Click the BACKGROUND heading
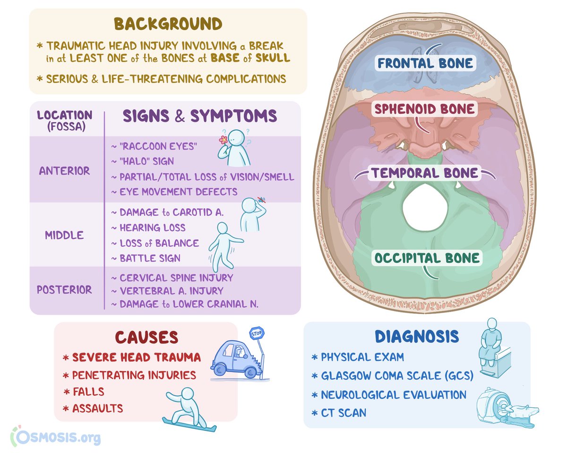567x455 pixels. click(x=168, y=25)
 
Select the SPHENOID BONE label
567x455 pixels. click(x=424, y=109)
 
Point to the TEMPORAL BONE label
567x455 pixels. click(x=424, y=173)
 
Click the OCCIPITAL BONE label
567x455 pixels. click(x=427, y=258)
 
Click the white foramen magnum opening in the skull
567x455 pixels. click(x=425, y=207)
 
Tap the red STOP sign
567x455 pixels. click(x=256, y=333)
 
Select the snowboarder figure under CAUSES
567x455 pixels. click(x=187, y=408)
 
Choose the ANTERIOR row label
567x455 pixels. click(x=64, y=171)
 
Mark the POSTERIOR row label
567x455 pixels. click(x=64, y=289)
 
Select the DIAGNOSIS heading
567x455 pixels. click(x=417, y=337)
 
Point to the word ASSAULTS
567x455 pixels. click(x=97, y=408)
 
